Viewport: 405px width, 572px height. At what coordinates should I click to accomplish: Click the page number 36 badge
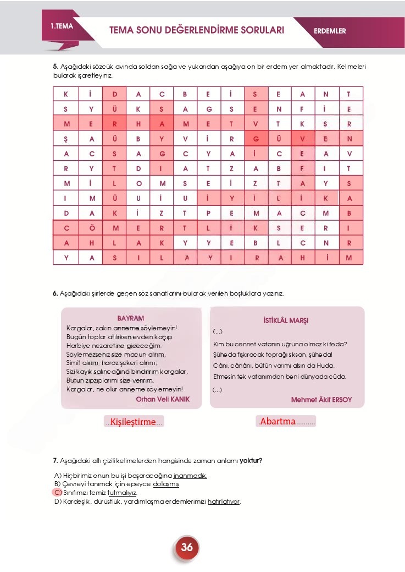click(187, 547)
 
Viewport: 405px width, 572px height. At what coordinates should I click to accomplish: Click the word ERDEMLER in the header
click(330, 31)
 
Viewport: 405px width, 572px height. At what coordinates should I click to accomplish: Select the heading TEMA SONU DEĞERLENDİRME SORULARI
click(197, 30)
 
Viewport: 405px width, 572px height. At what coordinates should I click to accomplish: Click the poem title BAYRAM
click(131, 319)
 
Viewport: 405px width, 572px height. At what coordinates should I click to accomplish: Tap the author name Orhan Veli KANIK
click(163, 399)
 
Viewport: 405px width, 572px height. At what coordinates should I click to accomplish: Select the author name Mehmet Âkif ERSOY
click(321, 399)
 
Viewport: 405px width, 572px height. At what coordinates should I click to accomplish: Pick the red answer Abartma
click(278, 422)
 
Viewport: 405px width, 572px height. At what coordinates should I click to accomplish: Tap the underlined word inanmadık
click(190, 475)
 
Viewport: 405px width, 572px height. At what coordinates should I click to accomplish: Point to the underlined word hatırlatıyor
click(224, 502)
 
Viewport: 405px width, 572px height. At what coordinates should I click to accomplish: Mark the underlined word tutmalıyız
click(122, 493)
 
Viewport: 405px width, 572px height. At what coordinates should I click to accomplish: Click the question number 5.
click(55, 67)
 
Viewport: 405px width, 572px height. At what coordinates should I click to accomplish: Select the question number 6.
click(55, 293)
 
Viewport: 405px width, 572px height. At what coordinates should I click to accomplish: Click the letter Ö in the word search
click(91, 227)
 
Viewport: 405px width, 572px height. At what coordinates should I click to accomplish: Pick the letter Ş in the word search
click(66, 139)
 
